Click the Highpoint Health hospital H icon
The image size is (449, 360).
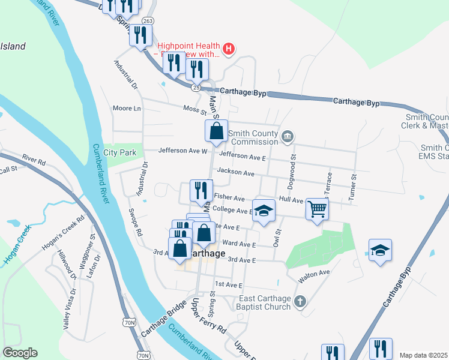pos(228,49)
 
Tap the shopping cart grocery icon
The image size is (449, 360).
pos(317,209)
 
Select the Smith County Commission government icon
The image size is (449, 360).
pos(288,137)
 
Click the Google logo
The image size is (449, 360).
pos(20,353)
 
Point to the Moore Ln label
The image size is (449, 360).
pos(127,109)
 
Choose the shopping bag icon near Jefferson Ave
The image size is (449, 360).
pos(216,130)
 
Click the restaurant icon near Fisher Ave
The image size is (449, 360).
pos(200,190)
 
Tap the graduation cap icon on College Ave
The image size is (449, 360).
pos(262,210)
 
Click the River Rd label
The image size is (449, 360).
pos(34,160)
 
